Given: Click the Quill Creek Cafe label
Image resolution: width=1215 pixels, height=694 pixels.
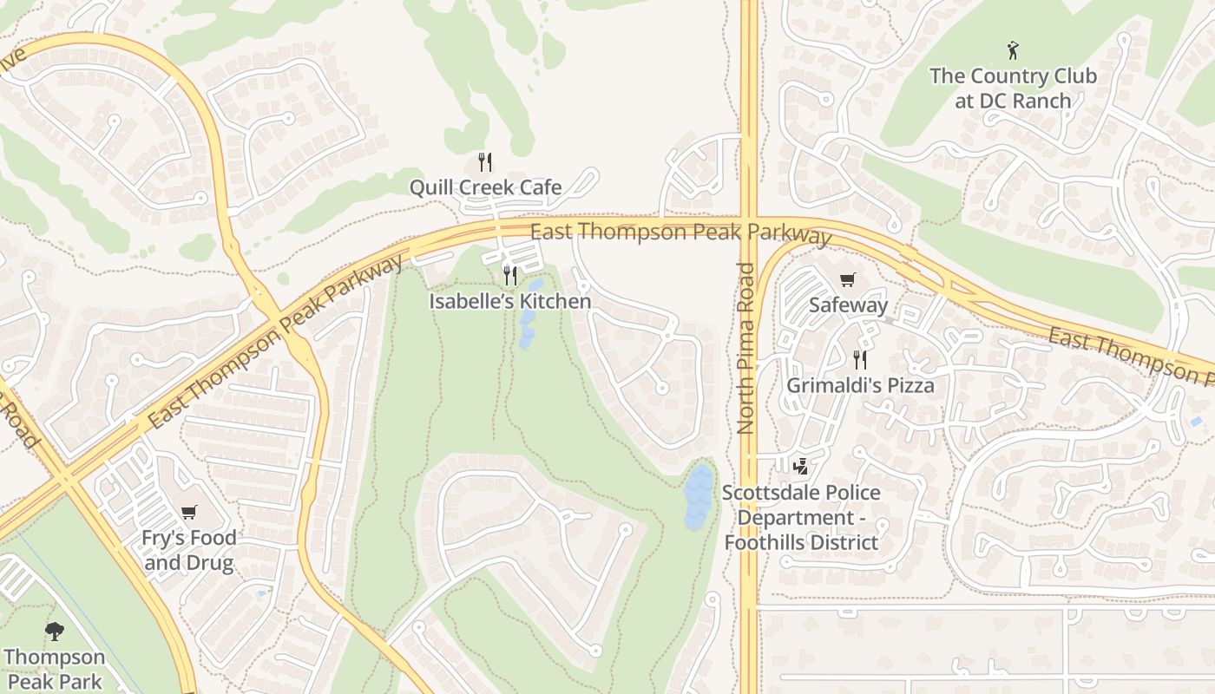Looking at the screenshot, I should pos(485,187).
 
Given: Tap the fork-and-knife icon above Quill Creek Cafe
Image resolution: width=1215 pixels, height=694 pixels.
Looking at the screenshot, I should pos(485,161).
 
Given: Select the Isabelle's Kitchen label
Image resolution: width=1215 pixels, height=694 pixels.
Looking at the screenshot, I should pos(510,302).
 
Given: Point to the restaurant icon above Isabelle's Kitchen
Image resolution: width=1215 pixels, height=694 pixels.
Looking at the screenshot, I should pos(510,276).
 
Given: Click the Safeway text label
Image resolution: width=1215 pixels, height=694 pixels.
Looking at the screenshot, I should pos(848,305).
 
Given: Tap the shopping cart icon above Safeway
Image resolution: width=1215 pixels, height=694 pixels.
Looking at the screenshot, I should pos(848,279).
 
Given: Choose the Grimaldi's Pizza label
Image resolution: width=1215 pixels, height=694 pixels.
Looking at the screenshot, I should pos(860,385).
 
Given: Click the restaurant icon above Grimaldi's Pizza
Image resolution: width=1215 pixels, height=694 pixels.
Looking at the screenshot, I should pos(860,359).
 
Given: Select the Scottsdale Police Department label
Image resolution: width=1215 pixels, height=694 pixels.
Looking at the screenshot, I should pos(801,517).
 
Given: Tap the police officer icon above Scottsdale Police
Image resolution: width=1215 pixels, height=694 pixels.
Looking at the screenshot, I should pos(800,467).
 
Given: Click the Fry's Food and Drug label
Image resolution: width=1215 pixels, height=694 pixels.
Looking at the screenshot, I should pos(189,550).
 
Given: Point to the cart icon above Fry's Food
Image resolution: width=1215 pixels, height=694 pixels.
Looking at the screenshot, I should pos(189,512).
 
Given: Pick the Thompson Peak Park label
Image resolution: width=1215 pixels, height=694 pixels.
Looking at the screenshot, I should pos(55,669).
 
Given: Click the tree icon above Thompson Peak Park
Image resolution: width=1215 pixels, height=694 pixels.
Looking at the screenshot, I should pos(55,631).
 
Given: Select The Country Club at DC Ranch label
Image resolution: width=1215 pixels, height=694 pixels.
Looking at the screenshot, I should pos(1013,88).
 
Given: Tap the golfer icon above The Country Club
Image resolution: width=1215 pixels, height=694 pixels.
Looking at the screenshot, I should pos(1012,49).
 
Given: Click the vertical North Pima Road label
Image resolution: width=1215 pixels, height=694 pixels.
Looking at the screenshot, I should pos(745,347).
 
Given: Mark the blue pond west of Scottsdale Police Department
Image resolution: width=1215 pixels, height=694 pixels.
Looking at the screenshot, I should pos(698,497).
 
